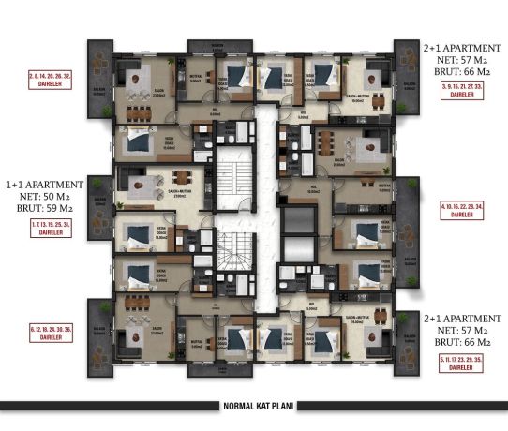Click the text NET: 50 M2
pos(45,198)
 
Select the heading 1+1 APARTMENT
pos(45,185)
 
